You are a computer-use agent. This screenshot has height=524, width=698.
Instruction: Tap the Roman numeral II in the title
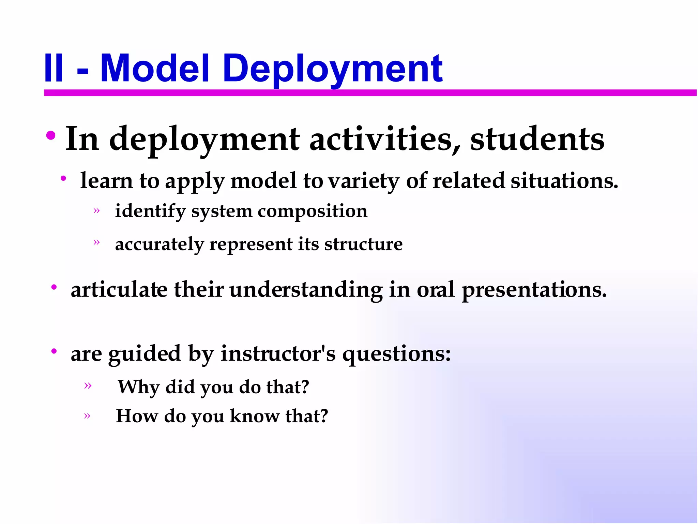(x=54, y=69)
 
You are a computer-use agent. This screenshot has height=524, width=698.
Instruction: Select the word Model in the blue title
(x=154, y=69)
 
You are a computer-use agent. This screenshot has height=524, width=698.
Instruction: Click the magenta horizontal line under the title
(x=370, y=93)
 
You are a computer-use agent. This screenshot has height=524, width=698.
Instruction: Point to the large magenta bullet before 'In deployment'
(x=51, y=135)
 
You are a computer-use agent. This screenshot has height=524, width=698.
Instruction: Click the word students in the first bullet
(x=537, y=139)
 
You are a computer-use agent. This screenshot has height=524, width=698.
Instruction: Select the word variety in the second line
(x=363, y=181)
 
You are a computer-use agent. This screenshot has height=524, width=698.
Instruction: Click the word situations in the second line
(x=564, y=181)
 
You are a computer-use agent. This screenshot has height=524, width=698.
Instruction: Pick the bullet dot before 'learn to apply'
(x=63, y=178)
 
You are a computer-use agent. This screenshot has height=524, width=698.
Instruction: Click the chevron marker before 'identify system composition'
(x=96, y=210)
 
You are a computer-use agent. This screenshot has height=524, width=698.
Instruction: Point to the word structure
(x=363, y=244)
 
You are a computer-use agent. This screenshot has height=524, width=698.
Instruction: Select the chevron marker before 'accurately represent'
(x=96, y=242)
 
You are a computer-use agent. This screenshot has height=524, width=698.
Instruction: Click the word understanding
(x=306, y=290)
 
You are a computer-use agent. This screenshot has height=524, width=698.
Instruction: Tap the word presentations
(x=534, y=290)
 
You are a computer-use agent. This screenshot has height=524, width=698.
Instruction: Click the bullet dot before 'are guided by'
(x=54, y=351)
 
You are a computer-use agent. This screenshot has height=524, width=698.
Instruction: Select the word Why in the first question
(x=138, y=387)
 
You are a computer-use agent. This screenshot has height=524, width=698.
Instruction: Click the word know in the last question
(x=254, y=416)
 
